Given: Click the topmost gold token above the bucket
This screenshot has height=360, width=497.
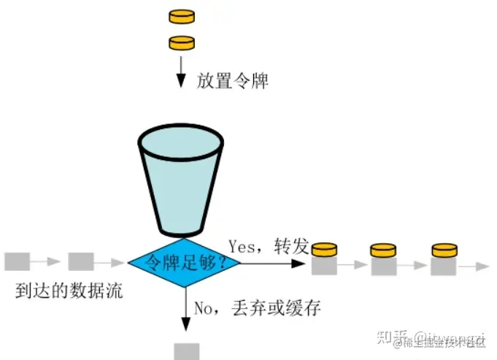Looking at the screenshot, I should tap(182, 15).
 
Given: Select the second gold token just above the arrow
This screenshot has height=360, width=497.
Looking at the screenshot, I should tap(182, 42).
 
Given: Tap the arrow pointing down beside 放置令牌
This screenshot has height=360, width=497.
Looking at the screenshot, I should tap(182, 73).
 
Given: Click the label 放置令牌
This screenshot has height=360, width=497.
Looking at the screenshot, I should tap(233, 80).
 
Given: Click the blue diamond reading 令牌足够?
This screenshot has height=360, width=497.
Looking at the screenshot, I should tap(184, 261).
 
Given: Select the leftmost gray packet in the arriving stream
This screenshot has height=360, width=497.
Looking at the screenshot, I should tap(16, 261).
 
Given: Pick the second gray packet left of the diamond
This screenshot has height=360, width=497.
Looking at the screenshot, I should tap(80, 261).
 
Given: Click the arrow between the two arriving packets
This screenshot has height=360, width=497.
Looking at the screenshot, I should tap(48, 261).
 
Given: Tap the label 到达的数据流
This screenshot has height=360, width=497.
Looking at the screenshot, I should tap(69, 292).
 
